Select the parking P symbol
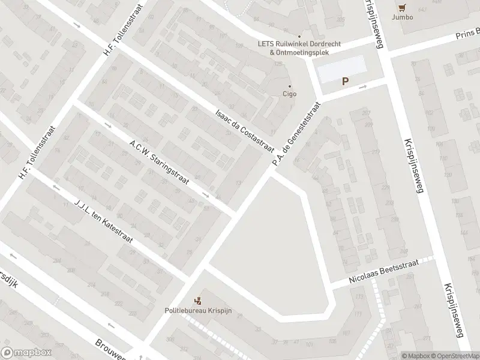click(x=345, y=82)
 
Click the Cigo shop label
click(x=290, y=94)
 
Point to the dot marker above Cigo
click(x=290, y=85)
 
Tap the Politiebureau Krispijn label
click(x=198, y=310)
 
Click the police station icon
click(x=198, y=300)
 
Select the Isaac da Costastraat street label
click(x=245, y=130)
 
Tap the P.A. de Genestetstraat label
click(x=295, y=134)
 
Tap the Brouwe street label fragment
click(x=110, y=349)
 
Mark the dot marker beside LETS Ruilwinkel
click(x=299, y=36)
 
